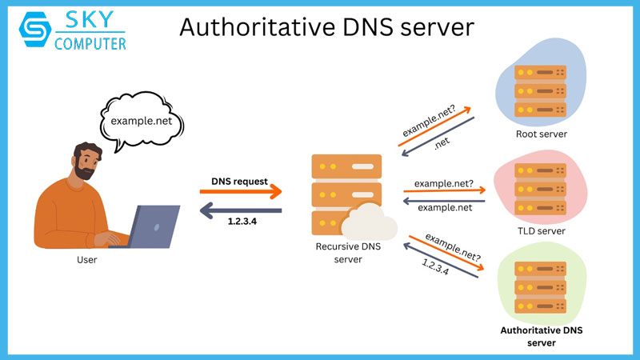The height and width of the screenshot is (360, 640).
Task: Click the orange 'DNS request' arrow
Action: [x=241, y=192]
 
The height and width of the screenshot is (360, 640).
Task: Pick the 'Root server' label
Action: [x=541, y=134]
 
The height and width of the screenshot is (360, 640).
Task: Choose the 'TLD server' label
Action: [x=541, y=230]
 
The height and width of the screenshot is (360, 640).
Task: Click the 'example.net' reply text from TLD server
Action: [x=443, y=207]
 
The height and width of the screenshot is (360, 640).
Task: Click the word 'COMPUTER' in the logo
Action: [x=90, y=43]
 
